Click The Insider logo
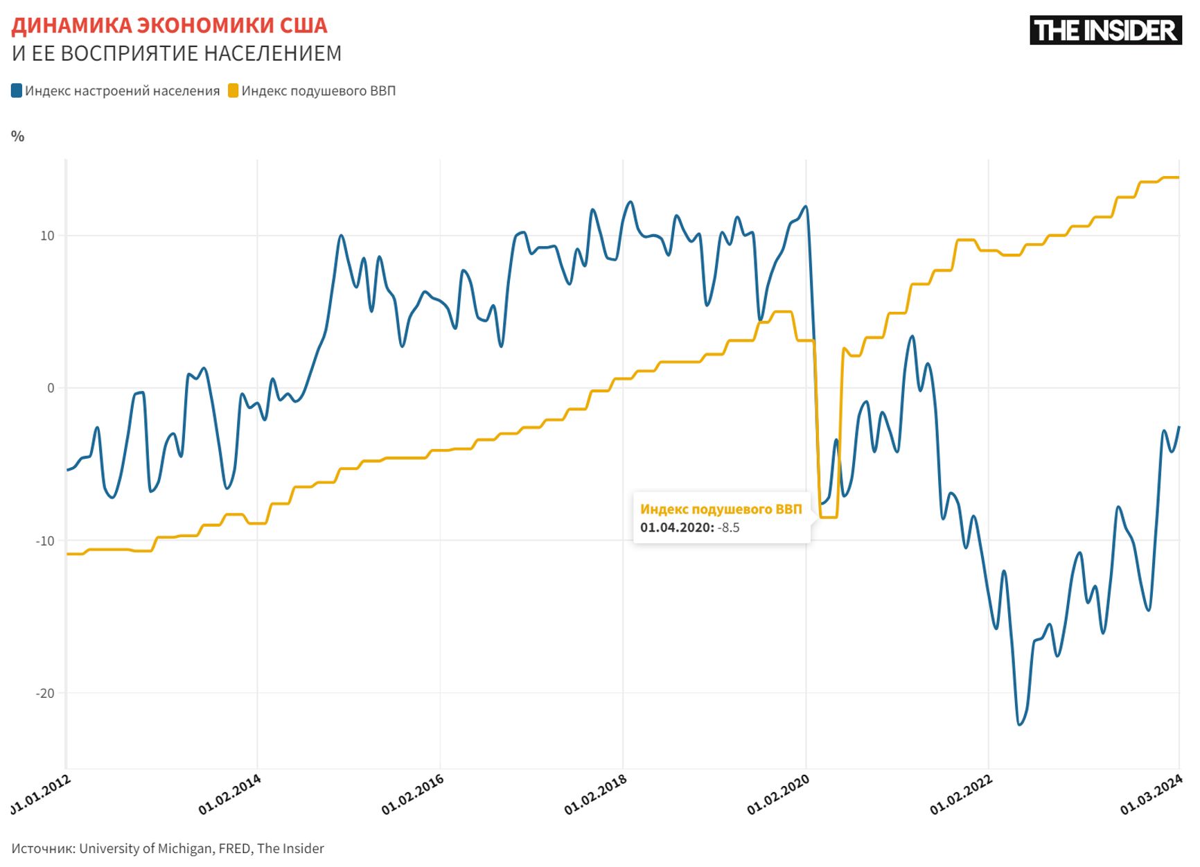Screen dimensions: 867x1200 point(1105,30)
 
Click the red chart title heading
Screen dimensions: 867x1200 point(169,26)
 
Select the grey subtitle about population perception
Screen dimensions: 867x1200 point(177,53)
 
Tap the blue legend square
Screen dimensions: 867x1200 point(17,91)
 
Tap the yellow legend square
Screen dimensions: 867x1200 point(233,91)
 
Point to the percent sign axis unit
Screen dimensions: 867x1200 point(18,137)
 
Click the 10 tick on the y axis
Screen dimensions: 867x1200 point(47,236)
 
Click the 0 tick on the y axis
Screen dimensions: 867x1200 point(51,388)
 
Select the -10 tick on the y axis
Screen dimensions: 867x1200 point(45,541)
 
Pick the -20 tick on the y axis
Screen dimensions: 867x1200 point(45,693)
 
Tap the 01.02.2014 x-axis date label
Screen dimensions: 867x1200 point(230,794)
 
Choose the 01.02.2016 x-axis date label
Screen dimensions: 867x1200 point(413,794)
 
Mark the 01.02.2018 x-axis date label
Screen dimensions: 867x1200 point(596,794)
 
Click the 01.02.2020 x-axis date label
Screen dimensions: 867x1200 point(779,794)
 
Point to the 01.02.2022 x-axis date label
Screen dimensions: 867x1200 point(962,794)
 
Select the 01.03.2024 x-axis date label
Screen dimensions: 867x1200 point(1152,794)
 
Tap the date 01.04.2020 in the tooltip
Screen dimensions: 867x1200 point(676,528)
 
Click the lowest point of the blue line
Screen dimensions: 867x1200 point(1020,724)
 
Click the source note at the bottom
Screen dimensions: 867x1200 point(168,848)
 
